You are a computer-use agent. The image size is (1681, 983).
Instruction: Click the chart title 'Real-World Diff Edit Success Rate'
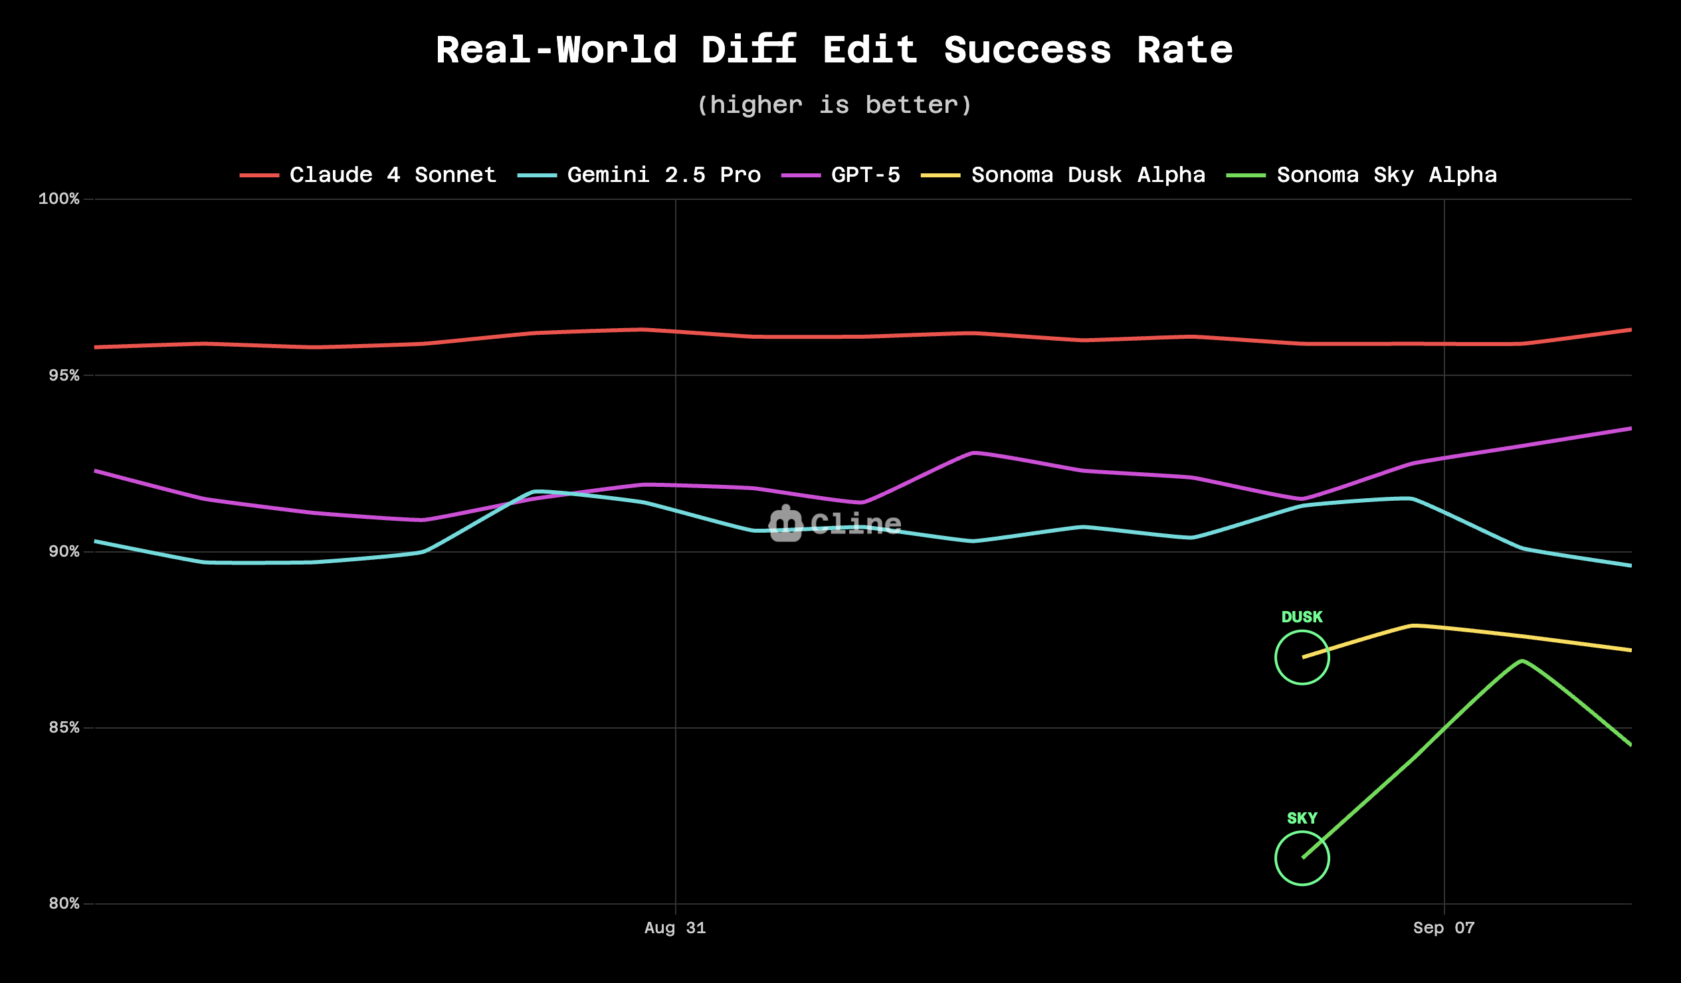coord(834,50)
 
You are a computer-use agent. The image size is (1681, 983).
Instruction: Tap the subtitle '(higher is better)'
coord(834,105)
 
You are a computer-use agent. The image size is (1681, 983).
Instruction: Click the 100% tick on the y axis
coord(58,199)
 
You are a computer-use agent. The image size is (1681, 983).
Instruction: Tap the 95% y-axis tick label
coord(63,375)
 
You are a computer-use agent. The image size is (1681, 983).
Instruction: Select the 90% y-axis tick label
coord(63,551)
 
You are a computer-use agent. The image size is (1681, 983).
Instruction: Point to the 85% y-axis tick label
coord(63,727)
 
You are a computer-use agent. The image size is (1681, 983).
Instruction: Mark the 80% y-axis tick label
coord(63,904)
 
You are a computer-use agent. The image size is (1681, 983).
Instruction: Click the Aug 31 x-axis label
coord(675,928)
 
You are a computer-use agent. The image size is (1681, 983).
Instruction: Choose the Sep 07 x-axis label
coord(1444,928)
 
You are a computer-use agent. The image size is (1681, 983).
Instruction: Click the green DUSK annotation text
coord(1302,617)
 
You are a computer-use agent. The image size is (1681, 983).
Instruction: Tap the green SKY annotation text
coord(1302,818)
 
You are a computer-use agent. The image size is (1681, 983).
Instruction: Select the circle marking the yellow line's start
coord(1302,658)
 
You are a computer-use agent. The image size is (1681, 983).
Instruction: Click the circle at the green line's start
coord(1302,858)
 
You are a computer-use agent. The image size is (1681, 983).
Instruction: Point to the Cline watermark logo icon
coord(785,524)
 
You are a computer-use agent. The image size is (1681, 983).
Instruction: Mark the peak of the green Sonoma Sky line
coord(1522,661)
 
